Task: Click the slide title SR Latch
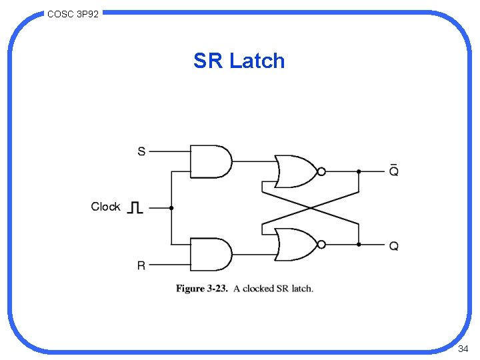point(239,61)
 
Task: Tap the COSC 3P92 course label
point(73,13)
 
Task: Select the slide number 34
point(463,349)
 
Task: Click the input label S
point(141,151)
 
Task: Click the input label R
point(141,265)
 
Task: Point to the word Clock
point(105,207)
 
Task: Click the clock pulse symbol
point(135,207)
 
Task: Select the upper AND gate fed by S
point(210,161)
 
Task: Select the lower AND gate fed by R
point(210,255)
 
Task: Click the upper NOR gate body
point(295,171)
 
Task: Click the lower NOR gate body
point(295,245)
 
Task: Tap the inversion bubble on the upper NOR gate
point(321,171)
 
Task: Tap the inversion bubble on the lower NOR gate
point(321,245)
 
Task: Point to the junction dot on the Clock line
point(171,208)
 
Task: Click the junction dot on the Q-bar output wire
point(359,171)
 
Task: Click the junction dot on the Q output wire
point(359,245)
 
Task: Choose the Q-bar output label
point(394,170)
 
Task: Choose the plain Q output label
point(394,246)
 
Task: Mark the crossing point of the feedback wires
point(311,208)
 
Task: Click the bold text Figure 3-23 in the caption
point(201,289)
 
